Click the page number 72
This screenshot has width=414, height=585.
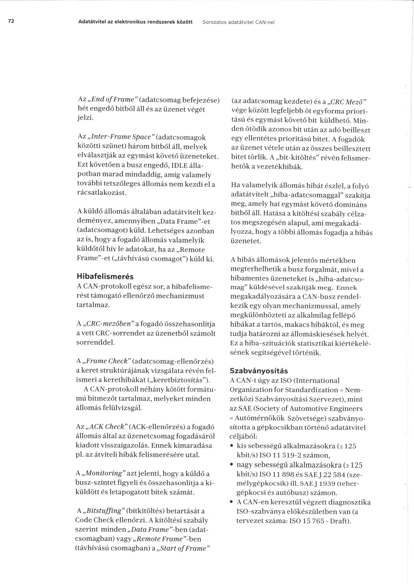pos(11,21)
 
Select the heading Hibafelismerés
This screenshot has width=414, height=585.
pos(105,276)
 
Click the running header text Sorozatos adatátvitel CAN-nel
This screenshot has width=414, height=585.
pos(238,22)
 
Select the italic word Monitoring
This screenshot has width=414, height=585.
pos(104,473)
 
